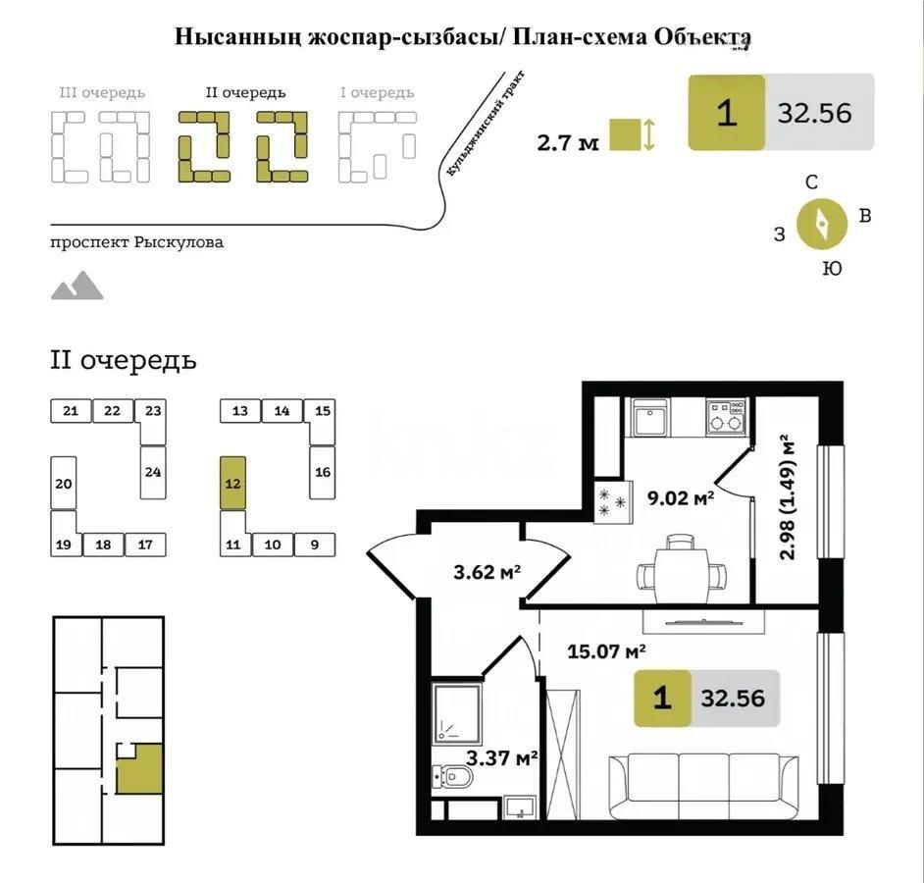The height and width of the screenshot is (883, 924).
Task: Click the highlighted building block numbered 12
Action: pos(233,482)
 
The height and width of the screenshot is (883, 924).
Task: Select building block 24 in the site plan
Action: pos(152,472)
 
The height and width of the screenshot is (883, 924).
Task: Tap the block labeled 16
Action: pos(322,472)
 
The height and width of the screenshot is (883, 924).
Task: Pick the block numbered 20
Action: pos(64,483)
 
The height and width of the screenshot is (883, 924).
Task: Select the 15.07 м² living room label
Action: pos(606,649)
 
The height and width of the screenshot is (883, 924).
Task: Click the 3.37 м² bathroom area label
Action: pos(501,757)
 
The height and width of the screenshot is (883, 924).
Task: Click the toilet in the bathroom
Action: pos(453,777)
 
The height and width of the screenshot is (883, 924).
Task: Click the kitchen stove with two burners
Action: pos(726,416)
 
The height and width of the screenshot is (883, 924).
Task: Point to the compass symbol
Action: pos(822,225)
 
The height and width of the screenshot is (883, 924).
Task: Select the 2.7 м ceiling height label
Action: pos(567,142)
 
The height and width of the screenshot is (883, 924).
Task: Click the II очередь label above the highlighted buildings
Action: pos(245,93)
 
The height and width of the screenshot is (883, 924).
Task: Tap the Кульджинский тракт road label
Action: pos(487,124)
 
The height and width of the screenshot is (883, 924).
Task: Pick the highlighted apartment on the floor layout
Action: pos(139,767)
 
